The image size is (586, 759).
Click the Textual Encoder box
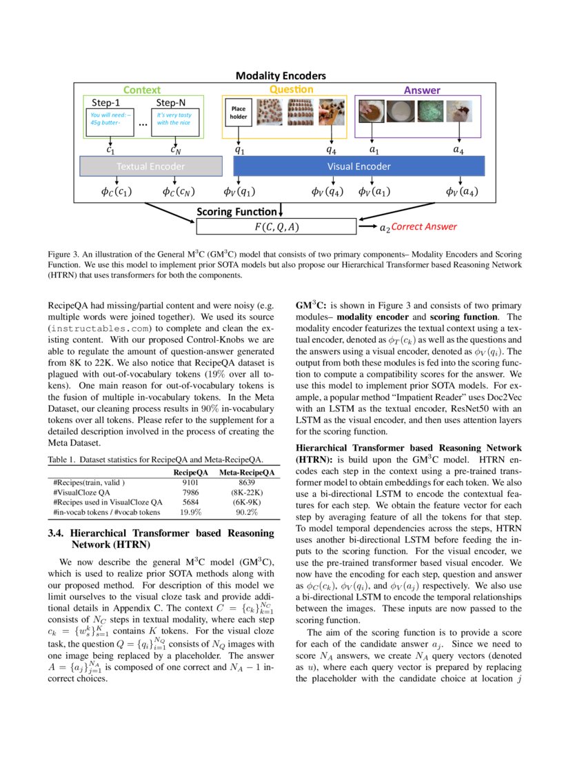pos(151,166)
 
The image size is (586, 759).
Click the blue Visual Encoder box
pos(358,166)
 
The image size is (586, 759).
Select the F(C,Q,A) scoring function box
pos(276,226)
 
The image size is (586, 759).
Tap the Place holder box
pos(238,112)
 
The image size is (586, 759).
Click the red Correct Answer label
pos(423,226)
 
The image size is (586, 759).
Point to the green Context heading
pos(141,90)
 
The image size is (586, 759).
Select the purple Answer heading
pos(421,90)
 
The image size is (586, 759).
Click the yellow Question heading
pos(291,89)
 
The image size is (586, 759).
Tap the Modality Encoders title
pos(281,76)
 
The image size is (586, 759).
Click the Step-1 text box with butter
pos(108,122)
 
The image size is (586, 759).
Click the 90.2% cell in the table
pos(247,512)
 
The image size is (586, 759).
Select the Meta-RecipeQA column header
pos(247,472)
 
